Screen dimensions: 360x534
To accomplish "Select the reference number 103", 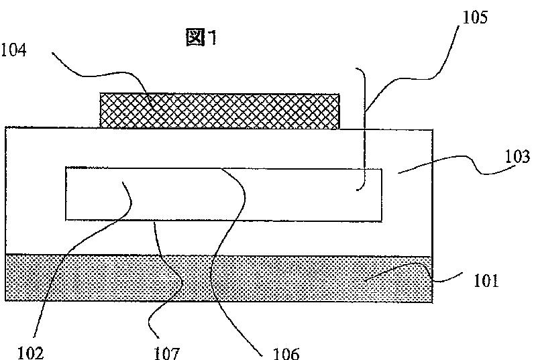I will coord(517,158).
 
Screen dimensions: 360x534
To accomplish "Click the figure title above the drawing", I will coord(202,39).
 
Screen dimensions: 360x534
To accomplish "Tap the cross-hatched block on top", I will coord(219,111).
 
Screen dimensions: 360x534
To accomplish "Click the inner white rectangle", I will coord(223,194).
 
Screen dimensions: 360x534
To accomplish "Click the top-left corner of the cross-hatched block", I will coord(100,95).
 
